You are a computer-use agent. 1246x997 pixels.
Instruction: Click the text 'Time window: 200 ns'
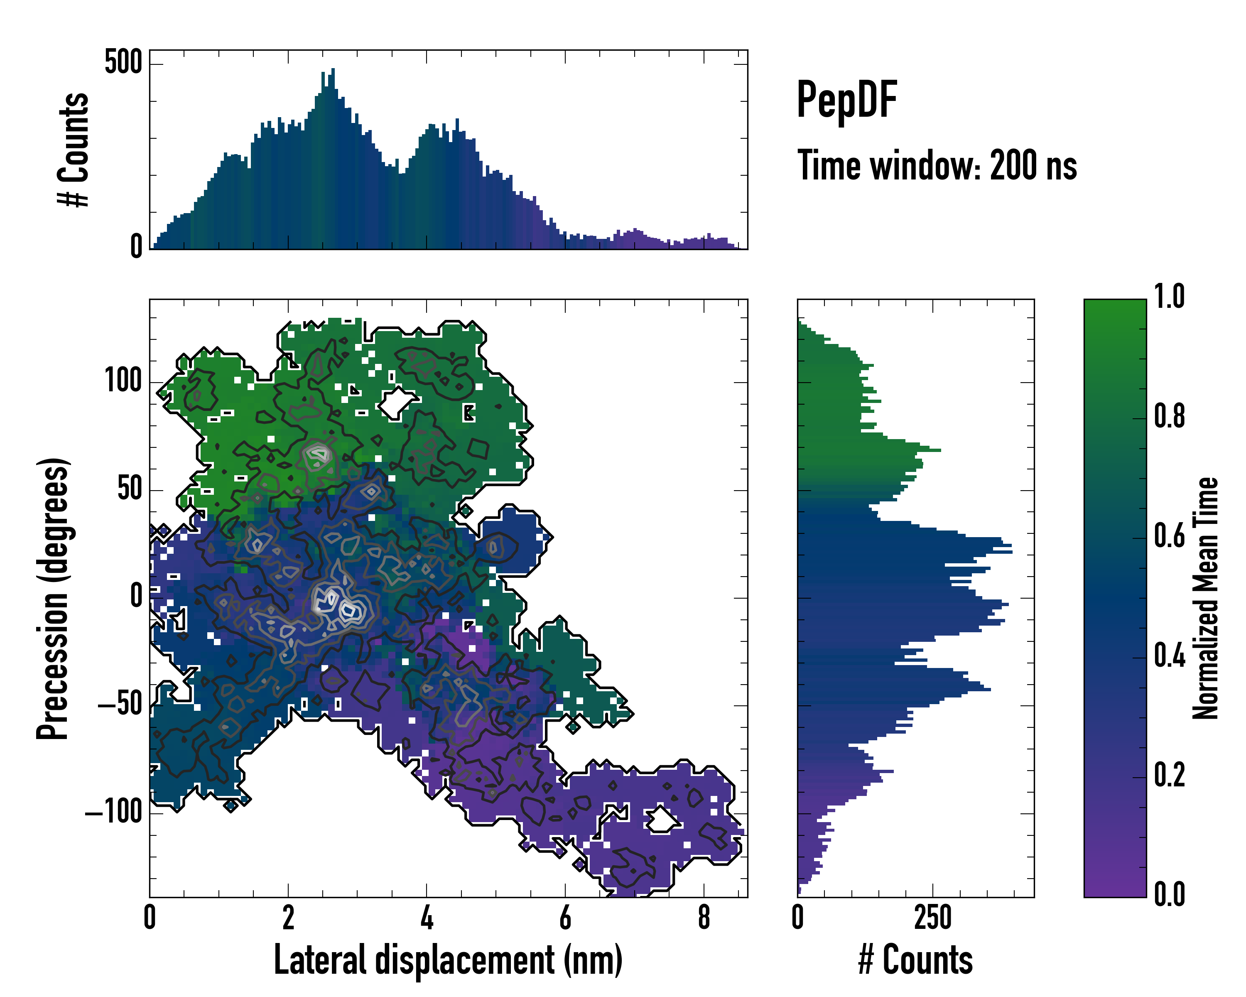click(937, 166)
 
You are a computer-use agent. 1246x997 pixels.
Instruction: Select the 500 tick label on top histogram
click(123, 62)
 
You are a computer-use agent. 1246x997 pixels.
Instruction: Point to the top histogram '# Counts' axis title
click(74, 150)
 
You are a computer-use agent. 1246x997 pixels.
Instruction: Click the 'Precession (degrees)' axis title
click(53, 598)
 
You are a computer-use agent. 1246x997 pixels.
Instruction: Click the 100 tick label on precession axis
click(123, 381)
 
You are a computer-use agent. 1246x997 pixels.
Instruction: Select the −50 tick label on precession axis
click(120, 705)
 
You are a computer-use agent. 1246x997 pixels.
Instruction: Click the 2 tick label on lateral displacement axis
click(288, 917)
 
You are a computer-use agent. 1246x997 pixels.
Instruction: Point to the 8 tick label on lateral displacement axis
click(703, 917)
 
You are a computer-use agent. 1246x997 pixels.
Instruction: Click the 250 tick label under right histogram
click(932, 917)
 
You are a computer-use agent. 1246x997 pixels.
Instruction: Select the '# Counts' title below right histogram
click(915, 960)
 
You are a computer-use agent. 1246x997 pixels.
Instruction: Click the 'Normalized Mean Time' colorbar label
click(1206, 598)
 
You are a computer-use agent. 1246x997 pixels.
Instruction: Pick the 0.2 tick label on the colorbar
click(1169, 775)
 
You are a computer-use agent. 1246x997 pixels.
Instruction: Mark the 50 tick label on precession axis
click(130, 489)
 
